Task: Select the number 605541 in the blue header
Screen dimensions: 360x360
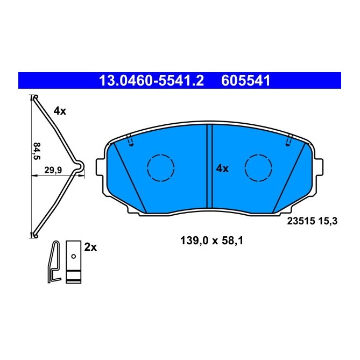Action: click(x=245, y=81)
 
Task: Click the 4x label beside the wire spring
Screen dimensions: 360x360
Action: click(x=59, y=111)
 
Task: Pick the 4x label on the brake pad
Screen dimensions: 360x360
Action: click(x=222, y=168)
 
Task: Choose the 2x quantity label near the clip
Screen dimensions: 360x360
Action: click(x=90, y=247)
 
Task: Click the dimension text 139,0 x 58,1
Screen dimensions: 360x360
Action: click(x=211, y=242)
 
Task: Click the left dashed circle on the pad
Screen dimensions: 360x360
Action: click(x=161, y=167)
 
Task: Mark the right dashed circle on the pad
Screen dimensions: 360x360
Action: click(x=259, y=167)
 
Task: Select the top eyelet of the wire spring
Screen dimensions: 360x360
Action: click(x=34, y=98)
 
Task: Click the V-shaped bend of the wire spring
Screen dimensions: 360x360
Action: click(x=81, y=168)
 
